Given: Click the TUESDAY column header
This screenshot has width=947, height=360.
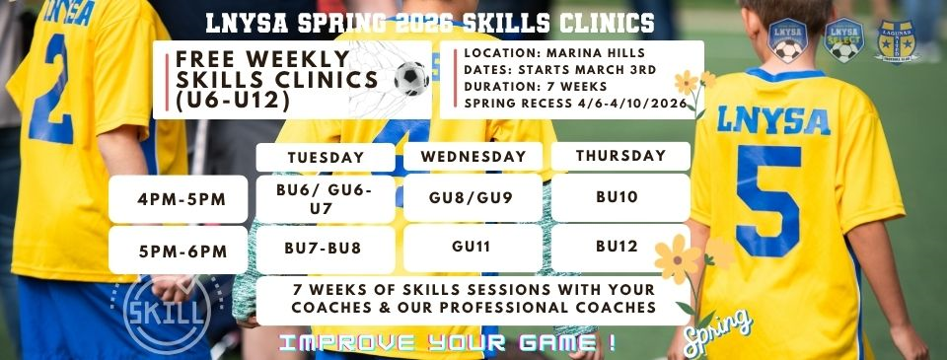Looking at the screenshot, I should click(x=326, y=157).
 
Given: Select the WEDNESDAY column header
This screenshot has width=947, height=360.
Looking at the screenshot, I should click(x=473, y=157).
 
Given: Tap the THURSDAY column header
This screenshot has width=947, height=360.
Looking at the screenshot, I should click(x=619, y=156).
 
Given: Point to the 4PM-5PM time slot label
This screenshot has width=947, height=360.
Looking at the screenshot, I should click(x=182, y=199).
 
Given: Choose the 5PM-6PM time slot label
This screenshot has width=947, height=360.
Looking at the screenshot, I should click(x=182, y=251).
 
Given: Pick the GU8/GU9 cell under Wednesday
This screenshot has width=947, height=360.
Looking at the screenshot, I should click(x=473, y=197).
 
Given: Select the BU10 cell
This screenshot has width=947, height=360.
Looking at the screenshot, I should click(x=619, y=197).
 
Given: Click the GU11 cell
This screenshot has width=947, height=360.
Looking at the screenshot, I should click(x=473, y=249).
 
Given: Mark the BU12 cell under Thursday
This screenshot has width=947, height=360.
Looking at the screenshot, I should click(x=619, y=249).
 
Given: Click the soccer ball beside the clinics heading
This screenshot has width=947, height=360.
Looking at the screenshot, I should click(x=411, y=78).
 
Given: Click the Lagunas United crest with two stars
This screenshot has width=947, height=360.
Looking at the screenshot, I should click(x=897, y=42).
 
